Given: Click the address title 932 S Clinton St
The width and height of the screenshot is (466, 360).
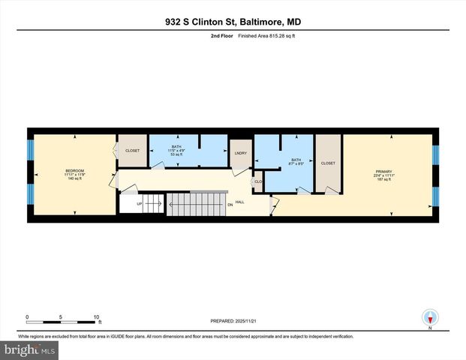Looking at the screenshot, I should coord(233,22).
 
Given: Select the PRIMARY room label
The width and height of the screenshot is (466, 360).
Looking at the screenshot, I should coord(384,171).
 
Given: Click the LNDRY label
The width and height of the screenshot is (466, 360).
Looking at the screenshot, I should coord(240,153).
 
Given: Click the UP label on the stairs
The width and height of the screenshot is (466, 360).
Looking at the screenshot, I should coord(139,203).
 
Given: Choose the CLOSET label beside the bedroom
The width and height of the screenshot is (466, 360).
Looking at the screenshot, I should coord(132,151).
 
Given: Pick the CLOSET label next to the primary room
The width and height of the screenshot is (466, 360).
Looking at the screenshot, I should coord(328,163).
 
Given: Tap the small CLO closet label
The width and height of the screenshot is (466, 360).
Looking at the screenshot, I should coord(258,181).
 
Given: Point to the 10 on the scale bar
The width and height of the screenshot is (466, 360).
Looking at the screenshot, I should coord(97,317).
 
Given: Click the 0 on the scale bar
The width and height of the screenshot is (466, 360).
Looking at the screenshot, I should coord(27,317).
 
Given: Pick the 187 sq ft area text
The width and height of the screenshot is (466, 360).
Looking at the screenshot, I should coord(384,180).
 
